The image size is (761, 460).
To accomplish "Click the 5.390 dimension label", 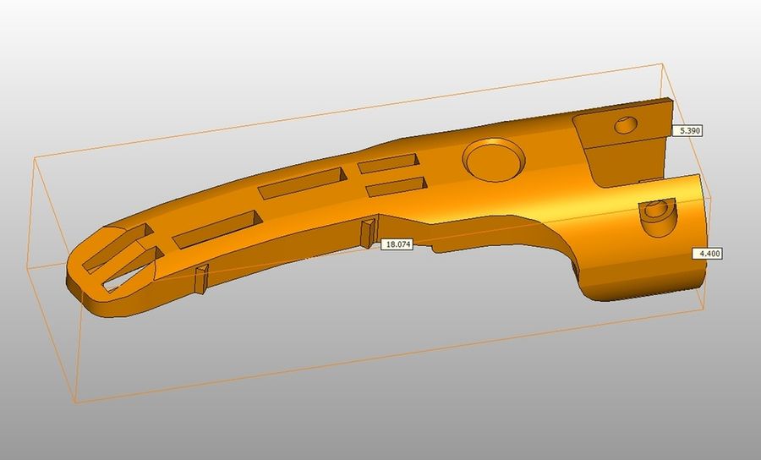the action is pos(687,130).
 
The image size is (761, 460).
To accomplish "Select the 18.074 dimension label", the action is pos(397,244).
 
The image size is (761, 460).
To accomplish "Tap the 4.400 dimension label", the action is pos(707,254).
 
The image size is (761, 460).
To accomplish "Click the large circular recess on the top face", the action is pos(494,160).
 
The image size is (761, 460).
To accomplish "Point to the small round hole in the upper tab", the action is pos(627,124).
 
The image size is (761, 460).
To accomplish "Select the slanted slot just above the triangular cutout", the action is pos(116,247).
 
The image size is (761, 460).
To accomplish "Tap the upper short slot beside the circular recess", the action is pos(388,163).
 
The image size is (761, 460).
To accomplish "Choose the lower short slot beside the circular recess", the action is pos(397,186).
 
